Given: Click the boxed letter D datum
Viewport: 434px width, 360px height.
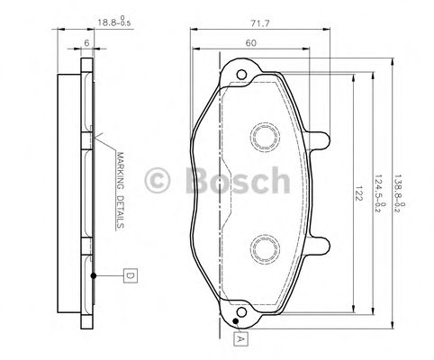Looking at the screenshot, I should [130, 274].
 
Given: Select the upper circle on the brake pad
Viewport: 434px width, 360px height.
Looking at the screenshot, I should [266, 135].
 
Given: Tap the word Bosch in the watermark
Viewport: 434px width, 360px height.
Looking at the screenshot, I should [237, 184].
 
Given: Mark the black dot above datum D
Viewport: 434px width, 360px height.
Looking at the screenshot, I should [95, 273].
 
